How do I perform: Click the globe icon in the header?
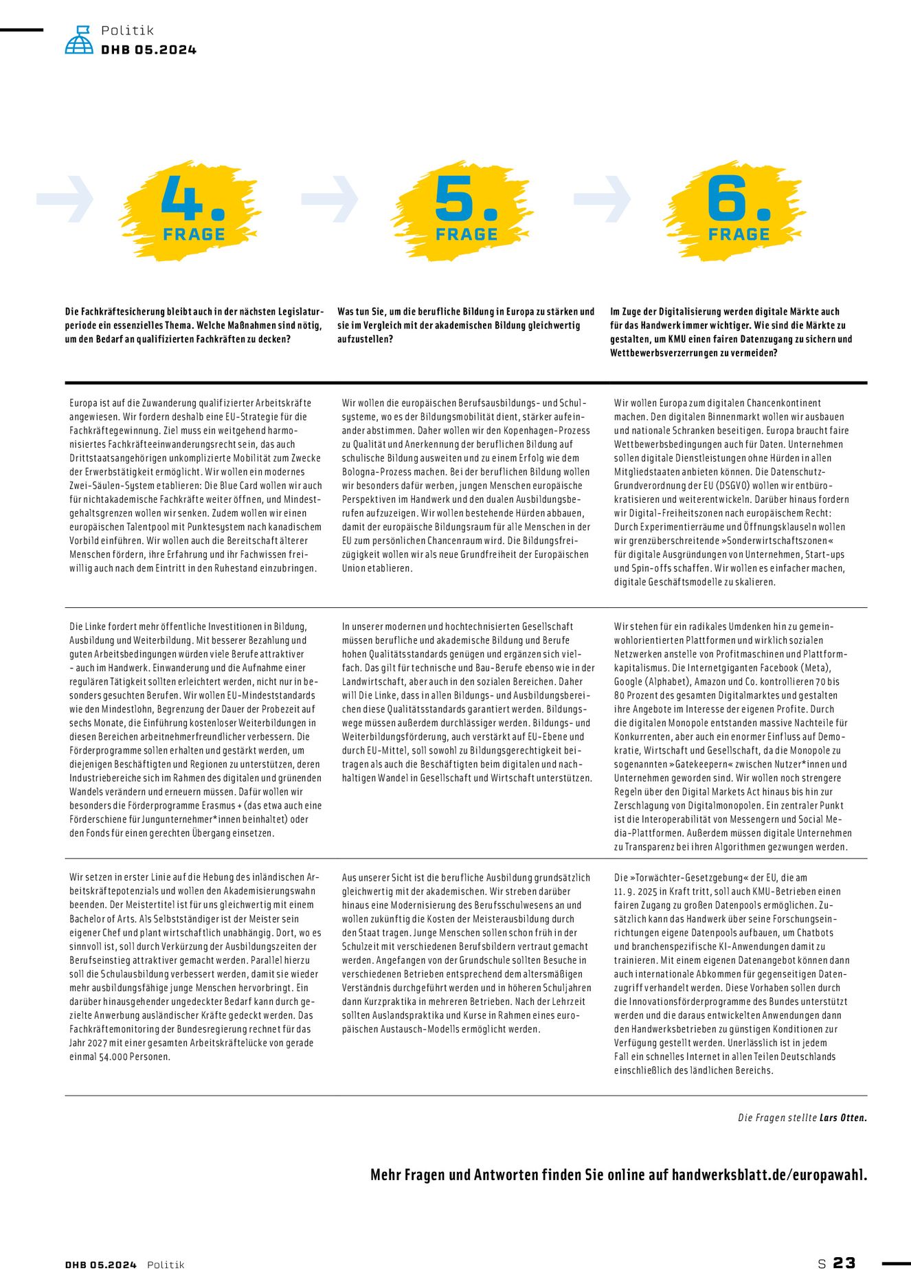click(x=79, y=40)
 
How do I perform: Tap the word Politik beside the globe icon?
click(x=127, y=30)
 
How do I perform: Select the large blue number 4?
click(x=182, y=199)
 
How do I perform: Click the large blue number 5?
click(x=455, y=199)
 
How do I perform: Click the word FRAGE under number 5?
click(x=466, y=234)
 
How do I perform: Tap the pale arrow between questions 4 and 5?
click(x=330, y=199)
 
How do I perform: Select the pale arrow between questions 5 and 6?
click(x=603, y=199)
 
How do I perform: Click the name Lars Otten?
click(x=843, y=1118)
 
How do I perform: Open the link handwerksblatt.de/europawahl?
click(x=769, y=1175)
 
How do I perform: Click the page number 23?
click(x=844, y=1263)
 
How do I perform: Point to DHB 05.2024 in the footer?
click(x=101, y=1265)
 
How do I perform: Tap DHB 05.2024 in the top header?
click(x=148, y=49)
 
